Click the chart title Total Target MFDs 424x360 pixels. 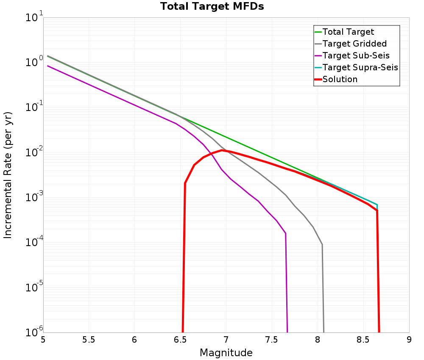[212, 7]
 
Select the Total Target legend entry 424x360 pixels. [348, 32]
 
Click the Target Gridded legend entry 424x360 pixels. [354, 44]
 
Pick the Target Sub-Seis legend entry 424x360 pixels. [356, 55]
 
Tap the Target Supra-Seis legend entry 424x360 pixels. [360, 67]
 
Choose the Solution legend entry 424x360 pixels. [340, 79]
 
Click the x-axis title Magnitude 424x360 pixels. [226, 353]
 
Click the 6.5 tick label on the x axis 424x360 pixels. [180, 340]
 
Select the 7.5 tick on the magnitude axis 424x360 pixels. [271, 340]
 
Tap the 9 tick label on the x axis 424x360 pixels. [409, 340]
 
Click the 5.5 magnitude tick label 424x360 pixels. [89, 340]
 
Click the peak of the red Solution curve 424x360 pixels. [222, 150]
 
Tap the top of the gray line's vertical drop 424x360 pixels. [322, 244]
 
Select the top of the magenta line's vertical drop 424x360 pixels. [286, 233]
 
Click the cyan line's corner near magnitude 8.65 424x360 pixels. [377, 205]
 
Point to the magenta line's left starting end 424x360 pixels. [47, 66]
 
